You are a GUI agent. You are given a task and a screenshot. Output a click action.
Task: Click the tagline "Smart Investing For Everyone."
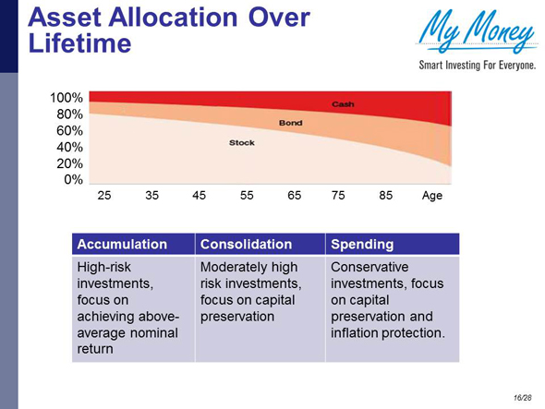coord(478,66)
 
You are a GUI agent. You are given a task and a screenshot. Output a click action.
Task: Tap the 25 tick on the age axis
coord(103,196)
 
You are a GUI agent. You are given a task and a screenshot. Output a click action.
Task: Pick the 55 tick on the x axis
coord(247,196)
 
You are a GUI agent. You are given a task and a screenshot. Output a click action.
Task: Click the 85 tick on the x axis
coord(386,196)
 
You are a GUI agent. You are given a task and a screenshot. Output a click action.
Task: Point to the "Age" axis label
coord(432,196)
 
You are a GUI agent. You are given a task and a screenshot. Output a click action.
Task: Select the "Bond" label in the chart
coord(291,123)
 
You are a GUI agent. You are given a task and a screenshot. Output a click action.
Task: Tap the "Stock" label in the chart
coord(243,143)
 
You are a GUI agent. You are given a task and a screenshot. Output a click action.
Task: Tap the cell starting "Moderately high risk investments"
coord(251,292)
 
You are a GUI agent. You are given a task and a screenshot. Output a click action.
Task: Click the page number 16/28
coord(523,396)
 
